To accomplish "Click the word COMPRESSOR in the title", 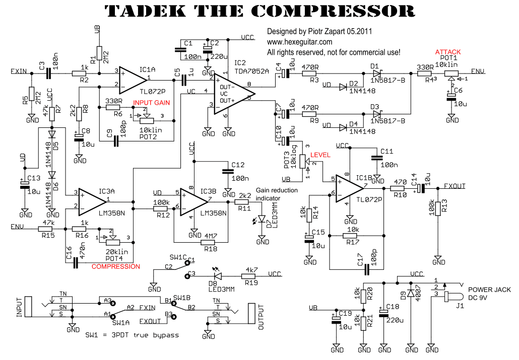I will pos(333,11).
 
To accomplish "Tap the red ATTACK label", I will pos(448,52).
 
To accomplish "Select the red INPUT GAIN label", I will pos(151,102).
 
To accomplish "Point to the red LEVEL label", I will pos(320,155).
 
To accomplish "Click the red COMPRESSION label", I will pos(116,266).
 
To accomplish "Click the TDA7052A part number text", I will pos(252,71).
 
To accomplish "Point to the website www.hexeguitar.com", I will pos(299,42).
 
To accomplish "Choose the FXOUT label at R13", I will pos(455,186).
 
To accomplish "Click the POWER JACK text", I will pos(489,290).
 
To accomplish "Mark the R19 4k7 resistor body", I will pos(248,275).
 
